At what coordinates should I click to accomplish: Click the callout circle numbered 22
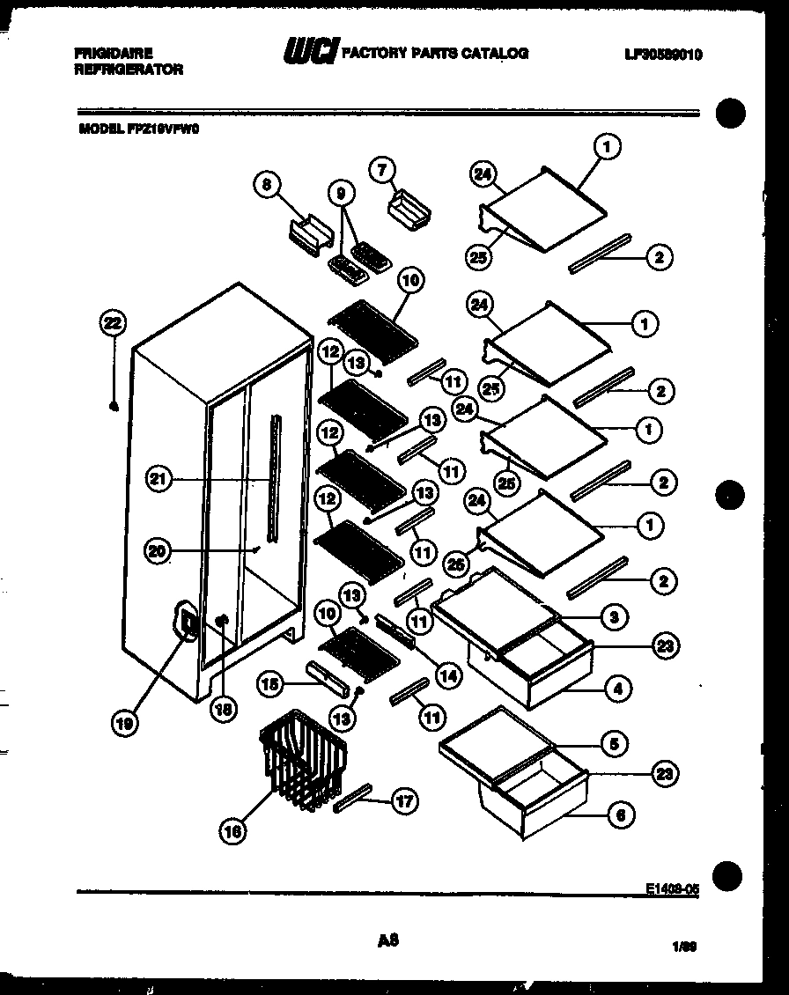pos(113,324)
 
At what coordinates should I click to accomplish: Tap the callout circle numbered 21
pos(159,479)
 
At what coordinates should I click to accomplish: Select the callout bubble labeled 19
pos(126,723)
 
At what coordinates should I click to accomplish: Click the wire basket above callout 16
pos(303,758)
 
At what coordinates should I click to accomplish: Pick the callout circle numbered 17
pos(405,800)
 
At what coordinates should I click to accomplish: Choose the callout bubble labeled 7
pos(382,170)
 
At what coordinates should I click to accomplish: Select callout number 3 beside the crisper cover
pos(617,617)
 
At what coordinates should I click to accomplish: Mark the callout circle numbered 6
pos(620,815)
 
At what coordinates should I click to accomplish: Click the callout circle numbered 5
pos(619,744)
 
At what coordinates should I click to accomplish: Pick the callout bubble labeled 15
pos(271,682)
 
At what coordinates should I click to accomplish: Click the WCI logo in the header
pos(310,54)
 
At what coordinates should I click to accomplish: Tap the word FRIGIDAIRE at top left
pos(114,54)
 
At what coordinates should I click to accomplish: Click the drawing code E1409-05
pos(672,889)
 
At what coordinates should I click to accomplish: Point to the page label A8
pos(388,940)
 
